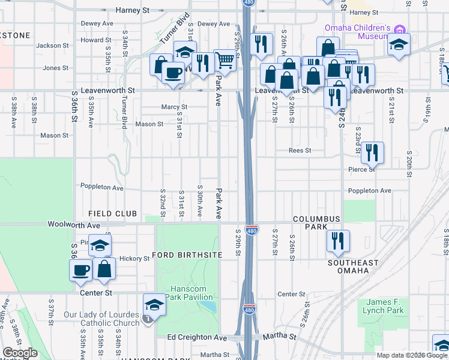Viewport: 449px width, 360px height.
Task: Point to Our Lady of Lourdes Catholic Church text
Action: coord(101,319)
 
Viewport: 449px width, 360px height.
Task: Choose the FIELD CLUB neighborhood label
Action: coord(113,214)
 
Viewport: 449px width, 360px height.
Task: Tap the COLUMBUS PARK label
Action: coord(317,223)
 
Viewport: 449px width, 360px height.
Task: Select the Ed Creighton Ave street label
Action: coord(197,338)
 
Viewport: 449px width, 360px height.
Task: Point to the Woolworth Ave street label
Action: coord(74,225)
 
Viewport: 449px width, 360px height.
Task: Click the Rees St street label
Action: coord(300,151)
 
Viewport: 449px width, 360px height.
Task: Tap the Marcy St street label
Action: coord(175,107)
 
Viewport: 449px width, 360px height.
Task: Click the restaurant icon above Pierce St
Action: coord(373,153)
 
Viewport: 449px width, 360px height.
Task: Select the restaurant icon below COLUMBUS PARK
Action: coord(338,241)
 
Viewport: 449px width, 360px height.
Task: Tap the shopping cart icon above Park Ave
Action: coord(224,60)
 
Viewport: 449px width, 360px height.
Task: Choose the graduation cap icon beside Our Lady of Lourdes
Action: coord(154,305)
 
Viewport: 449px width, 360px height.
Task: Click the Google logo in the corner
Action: coord(20,353)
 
